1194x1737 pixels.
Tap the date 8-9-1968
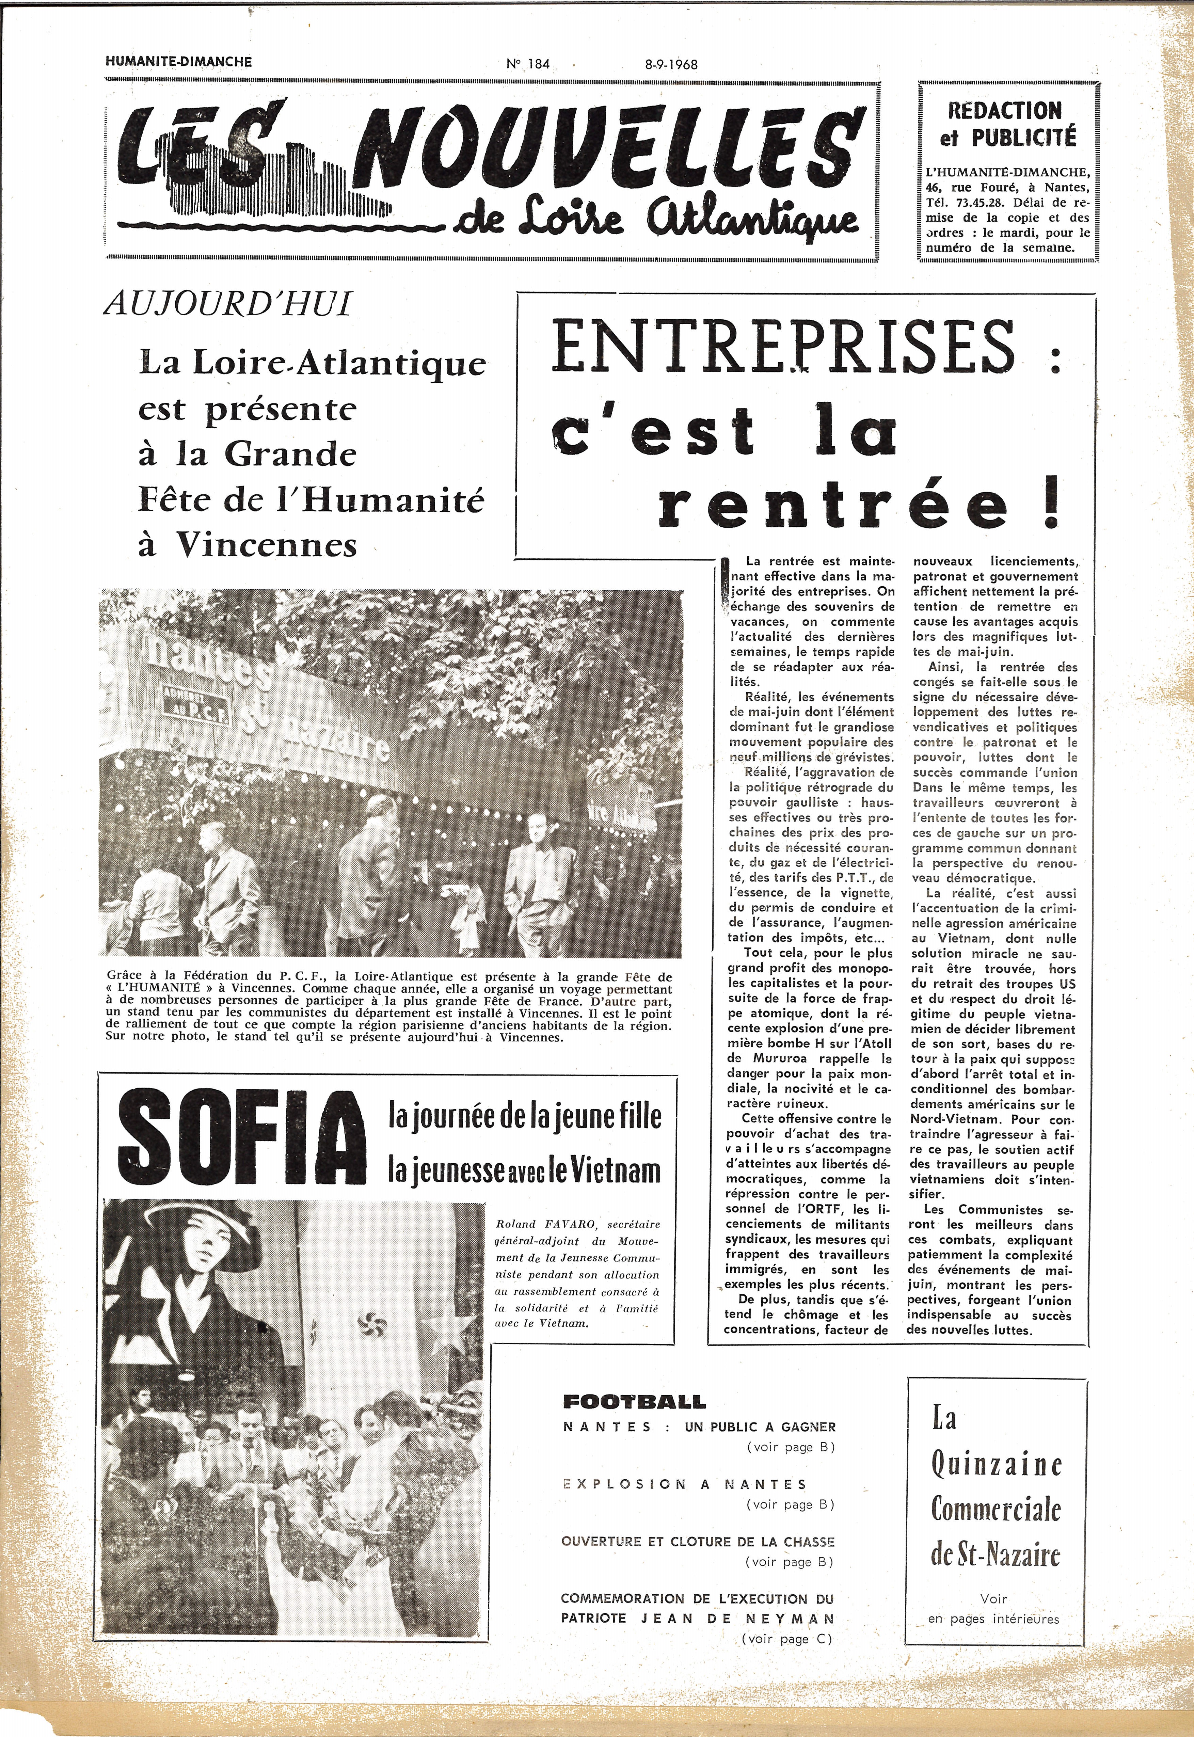tap(671, 64)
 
